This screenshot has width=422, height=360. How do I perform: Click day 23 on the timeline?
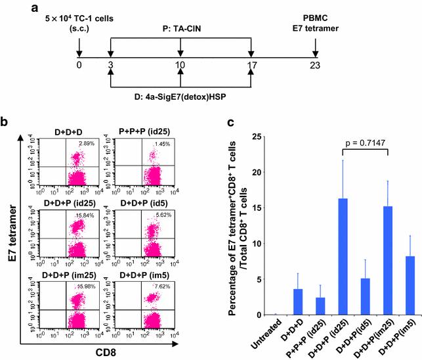pos(316,66)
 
